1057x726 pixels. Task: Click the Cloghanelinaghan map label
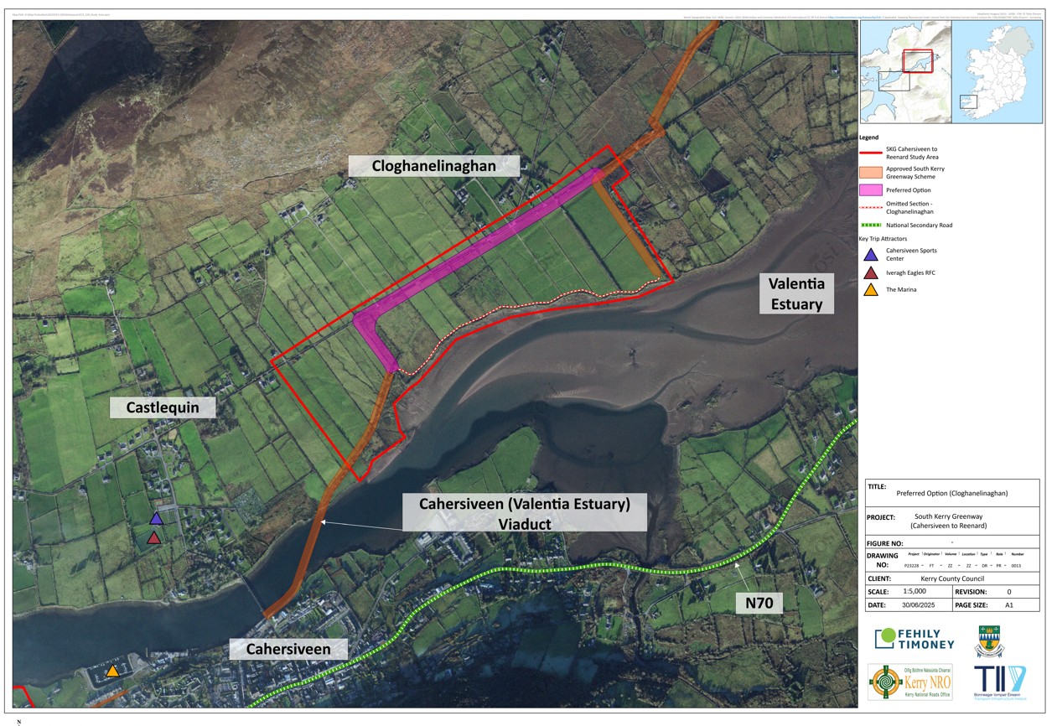point(434,166)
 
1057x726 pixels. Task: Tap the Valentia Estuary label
point(796,293)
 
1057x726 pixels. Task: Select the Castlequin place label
point(163,407)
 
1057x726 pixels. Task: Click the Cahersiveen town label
point(288,649)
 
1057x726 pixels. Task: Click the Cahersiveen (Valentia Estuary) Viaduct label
point(524,512)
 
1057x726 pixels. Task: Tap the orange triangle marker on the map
point(112,671)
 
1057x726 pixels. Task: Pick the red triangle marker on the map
point(154,538)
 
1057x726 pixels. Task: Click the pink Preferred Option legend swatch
point(871,190)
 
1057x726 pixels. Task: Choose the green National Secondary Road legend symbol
point(871,225)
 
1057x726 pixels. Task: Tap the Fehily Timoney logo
point(914,639)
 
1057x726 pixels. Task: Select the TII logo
point(1000,682)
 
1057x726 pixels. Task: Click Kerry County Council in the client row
point(951,578)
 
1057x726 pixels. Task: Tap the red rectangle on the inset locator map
point(918,61)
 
